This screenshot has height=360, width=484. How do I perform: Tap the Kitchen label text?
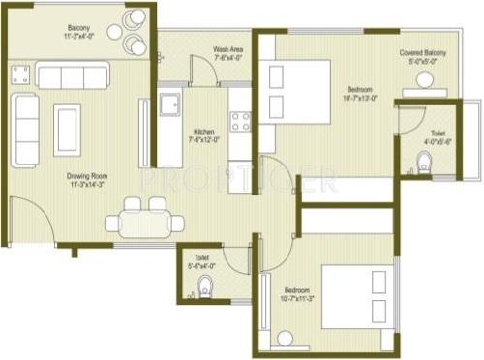click(204, 131)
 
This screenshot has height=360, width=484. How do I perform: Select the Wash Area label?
click(229, 48)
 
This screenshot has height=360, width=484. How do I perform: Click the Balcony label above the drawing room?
click(79, 28)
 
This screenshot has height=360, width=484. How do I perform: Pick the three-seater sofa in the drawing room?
click(72, 76)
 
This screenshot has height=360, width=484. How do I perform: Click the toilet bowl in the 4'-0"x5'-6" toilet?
click(425, 164)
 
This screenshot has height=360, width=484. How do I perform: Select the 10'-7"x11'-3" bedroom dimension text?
click(296, 299)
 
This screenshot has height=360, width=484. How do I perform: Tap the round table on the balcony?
click(115, 32)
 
